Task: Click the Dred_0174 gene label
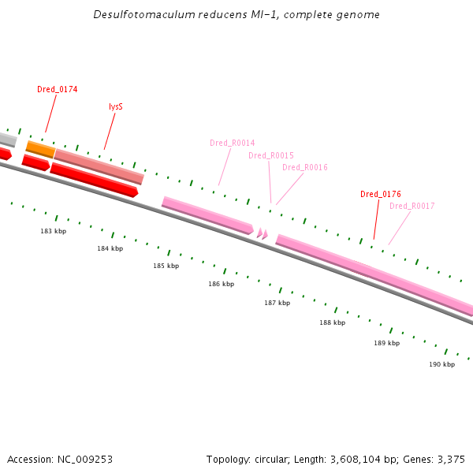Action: [57, 90]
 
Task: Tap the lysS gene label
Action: [116, 106]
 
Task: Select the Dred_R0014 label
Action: [232, 143]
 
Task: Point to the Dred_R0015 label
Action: [270, 156]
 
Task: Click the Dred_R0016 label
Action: [304, 168]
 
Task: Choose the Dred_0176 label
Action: [380, 194]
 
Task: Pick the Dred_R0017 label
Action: [412, 207]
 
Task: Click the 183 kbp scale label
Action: [54, 231]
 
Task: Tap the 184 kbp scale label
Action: [110, 249]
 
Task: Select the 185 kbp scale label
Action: [166, 266]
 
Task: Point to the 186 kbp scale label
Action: [222, 284]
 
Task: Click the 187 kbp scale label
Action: [277, 304]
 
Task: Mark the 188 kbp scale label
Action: [332, 323]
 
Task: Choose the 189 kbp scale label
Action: [387, 344]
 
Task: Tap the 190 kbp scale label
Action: [442, 365]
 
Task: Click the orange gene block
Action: [40, 149]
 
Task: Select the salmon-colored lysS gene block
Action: [99, 166]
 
